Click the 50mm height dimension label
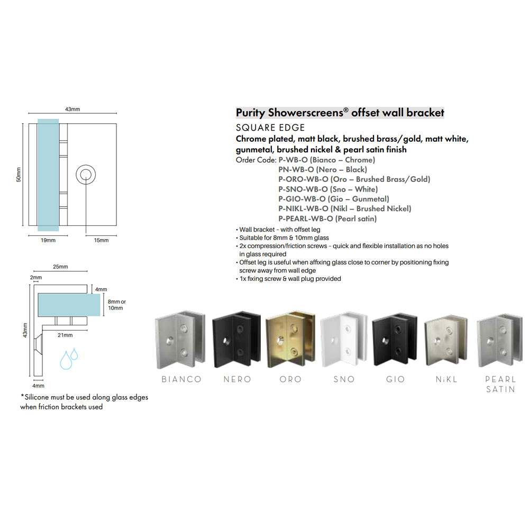[x=19, y=175]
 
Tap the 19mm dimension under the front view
[x=48, y=240]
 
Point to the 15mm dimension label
[x=101, y=240]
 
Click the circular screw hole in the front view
[x=86, y=175]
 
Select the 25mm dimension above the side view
[x=60, y=267]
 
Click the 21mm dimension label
[x=65, y=335]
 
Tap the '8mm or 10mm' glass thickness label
[x=117, y=305]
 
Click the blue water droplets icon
[x=69, y=359]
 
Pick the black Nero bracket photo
[x=236, y=340]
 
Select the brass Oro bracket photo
[x=290, y=340]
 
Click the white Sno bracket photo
[x=343, y=340]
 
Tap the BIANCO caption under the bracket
[x=181, y=379]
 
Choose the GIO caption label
[x=395, y=379]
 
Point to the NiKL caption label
[x=446, y=379]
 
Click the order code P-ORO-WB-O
[x=303, y=179]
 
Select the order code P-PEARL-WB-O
[x=306, y=218]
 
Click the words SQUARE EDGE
[x=270, y=127]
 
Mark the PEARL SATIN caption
[x=500, y=384]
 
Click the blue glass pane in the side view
[x=69, y=305]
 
